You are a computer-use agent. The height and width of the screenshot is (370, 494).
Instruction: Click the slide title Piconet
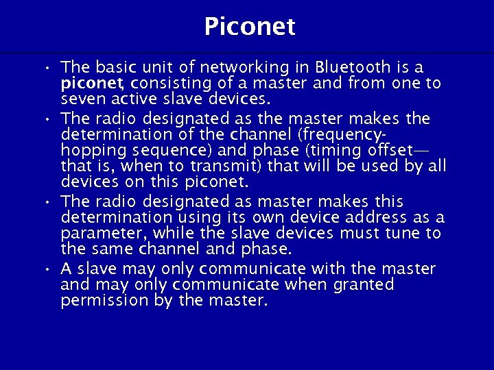249,27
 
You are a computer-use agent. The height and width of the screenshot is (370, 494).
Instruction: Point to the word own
258,218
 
